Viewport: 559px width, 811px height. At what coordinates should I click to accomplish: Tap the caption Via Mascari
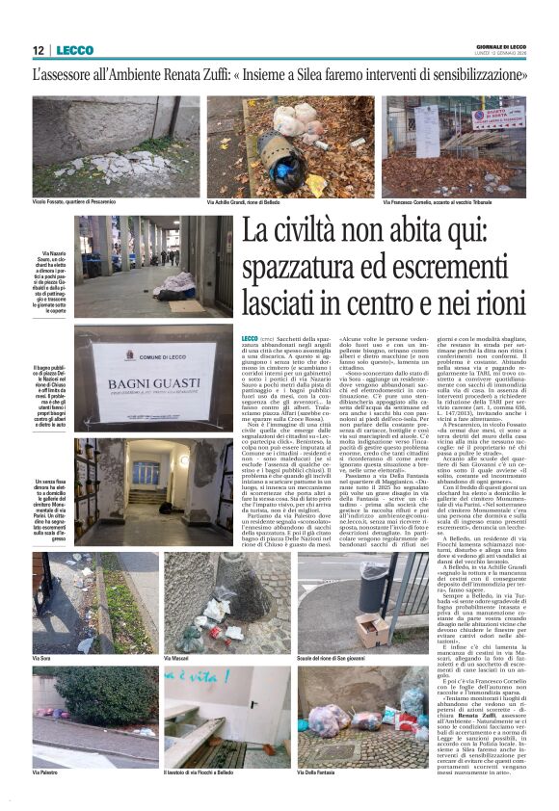pyautogui.click(x=175, y=658)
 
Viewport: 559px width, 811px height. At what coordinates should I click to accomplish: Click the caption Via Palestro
pyautogui.click(x=47, y=772)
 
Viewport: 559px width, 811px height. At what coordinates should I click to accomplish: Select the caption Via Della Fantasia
pyautogui.click(x=322, y=772)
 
